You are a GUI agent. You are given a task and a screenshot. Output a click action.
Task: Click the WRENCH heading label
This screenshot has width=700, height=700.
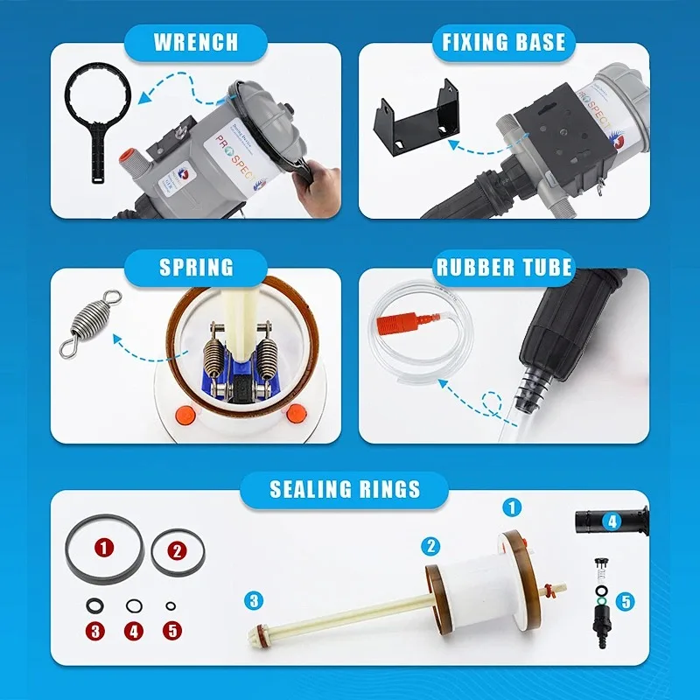[x=195, y=42]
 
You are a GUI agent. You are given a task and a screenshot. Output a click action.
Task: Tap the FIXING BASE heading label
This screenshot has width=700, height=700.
[x=504, y=42]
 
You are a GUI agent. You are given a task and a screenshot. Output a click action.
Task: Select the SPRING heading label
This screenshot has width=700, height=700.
[x=196, y=267]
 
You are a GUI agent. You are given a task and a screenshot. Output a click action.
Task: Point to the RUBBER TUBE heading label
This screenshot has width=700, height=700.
[x=504, y=267]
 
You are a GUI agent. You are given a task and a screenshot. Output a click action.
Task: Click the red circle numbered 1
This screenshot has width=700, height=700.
[x=105, y=549]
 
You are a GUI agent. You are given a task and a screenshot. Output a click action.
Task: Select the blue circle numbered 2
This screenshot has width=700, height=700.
[x=430, y=547]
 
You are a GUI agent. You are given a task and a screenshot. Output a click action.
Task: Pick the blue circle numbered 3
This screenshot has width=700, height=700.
[x=254, y=600]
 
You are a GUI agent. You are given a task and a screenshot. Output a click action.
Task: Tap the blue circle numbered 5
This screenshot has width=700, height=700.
[x=625, y=601]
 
